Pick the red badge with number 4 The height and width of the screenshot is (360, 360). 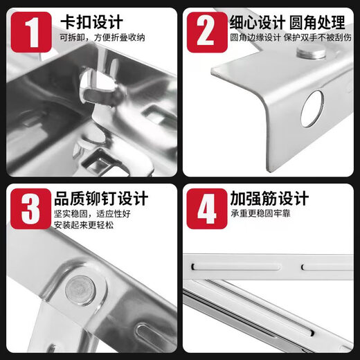tap(205, 208)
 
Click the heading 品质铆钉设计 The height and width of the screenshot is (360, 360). tap(102, 199)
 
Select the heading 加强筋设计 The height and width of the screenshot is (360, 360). tap(269, 199)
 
